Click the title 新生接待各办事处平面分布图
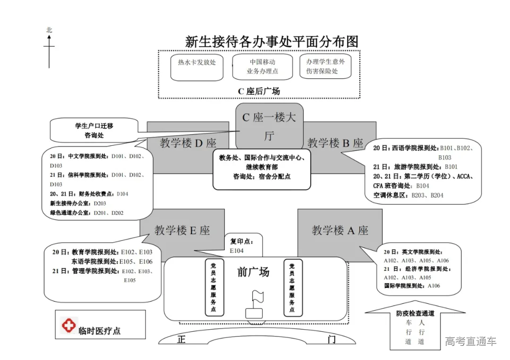272,42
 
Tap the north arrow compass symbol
49,47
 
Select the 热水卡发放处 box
197,67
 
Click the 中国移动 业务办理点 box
262,67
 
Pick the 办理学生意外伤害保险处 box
325,67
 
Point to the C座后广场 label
259,91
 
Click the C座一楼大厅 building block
269,126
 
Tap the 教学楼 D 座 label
187,143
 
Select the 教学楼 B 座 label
335,142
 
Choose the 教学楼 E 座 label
182,231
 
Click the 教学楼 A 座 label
340,231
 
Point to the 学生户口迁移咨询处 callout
94,131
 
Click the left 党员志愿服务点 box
214,287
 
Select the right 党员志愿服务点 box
292,287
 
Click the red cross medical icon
69,325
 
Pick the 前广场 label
253,272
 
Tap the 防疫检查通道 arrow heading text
415,314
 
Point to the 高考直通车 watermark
470,341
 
